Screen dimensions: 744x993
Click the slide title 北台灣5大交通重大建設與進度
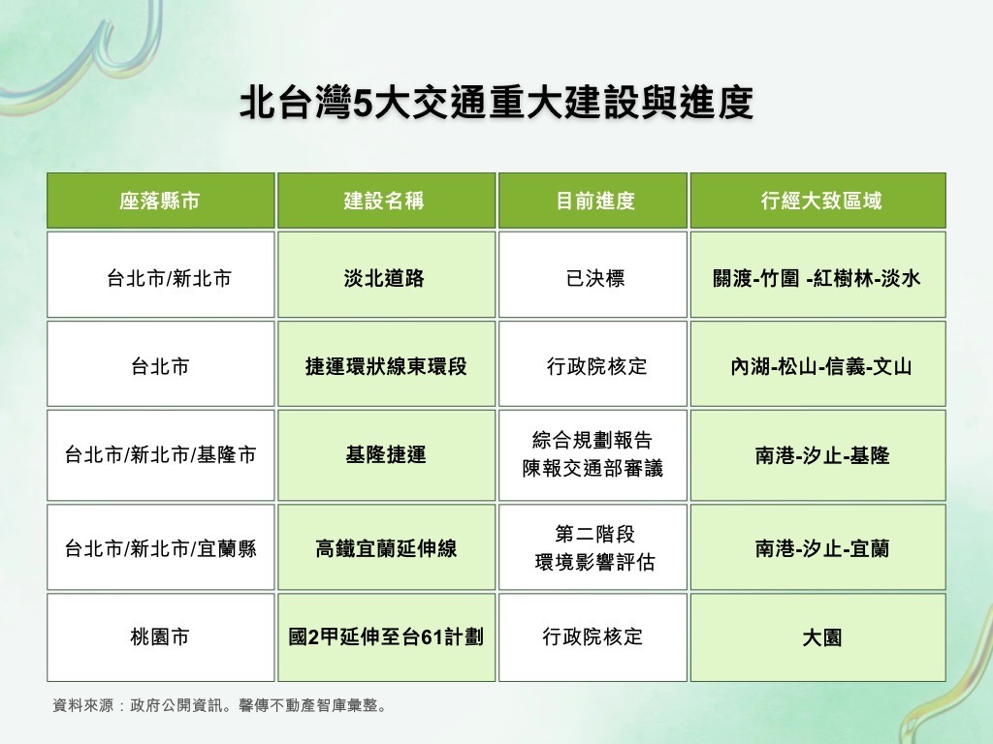point(496,103)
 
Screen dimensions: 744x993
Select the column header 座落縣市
point(160,201)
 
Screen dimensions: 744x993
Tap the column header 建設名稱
point(386,201)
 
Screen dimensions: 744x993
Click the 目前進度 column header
point(593,201)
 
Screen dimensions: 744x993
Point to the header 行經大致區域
point(817,201)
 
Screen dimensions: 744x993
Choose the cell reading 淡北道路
point(386,279)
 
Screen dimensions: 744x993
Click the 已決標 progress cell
point(593,279)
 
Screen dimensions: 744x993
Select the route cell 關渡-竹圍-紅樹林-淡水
point(817,279)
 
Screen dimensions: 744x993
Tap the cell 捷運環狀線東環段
point(386,367)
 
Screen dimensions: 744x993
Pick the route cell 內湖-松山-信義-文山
point(817,367)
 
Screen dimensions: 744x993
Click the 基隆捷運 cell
point(386,454)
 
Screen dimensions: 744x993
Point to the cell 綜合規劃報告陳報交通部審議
point(593,454)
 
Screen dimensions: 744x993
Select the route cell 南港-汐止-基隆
point(817,454)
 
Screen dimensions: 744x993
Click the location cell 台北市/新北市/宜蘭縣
point(160,548)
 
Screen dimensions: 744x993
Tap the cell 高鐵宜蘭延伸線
point(386,548)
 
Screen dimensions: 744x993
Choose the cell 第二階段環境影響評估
point(593,548)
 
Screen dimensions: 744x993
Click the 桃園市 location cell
point(160,637)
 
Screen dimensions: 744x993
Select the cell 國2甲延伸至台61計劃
point(386,637)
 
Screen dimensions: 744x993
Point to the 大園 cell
point(817,637)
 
